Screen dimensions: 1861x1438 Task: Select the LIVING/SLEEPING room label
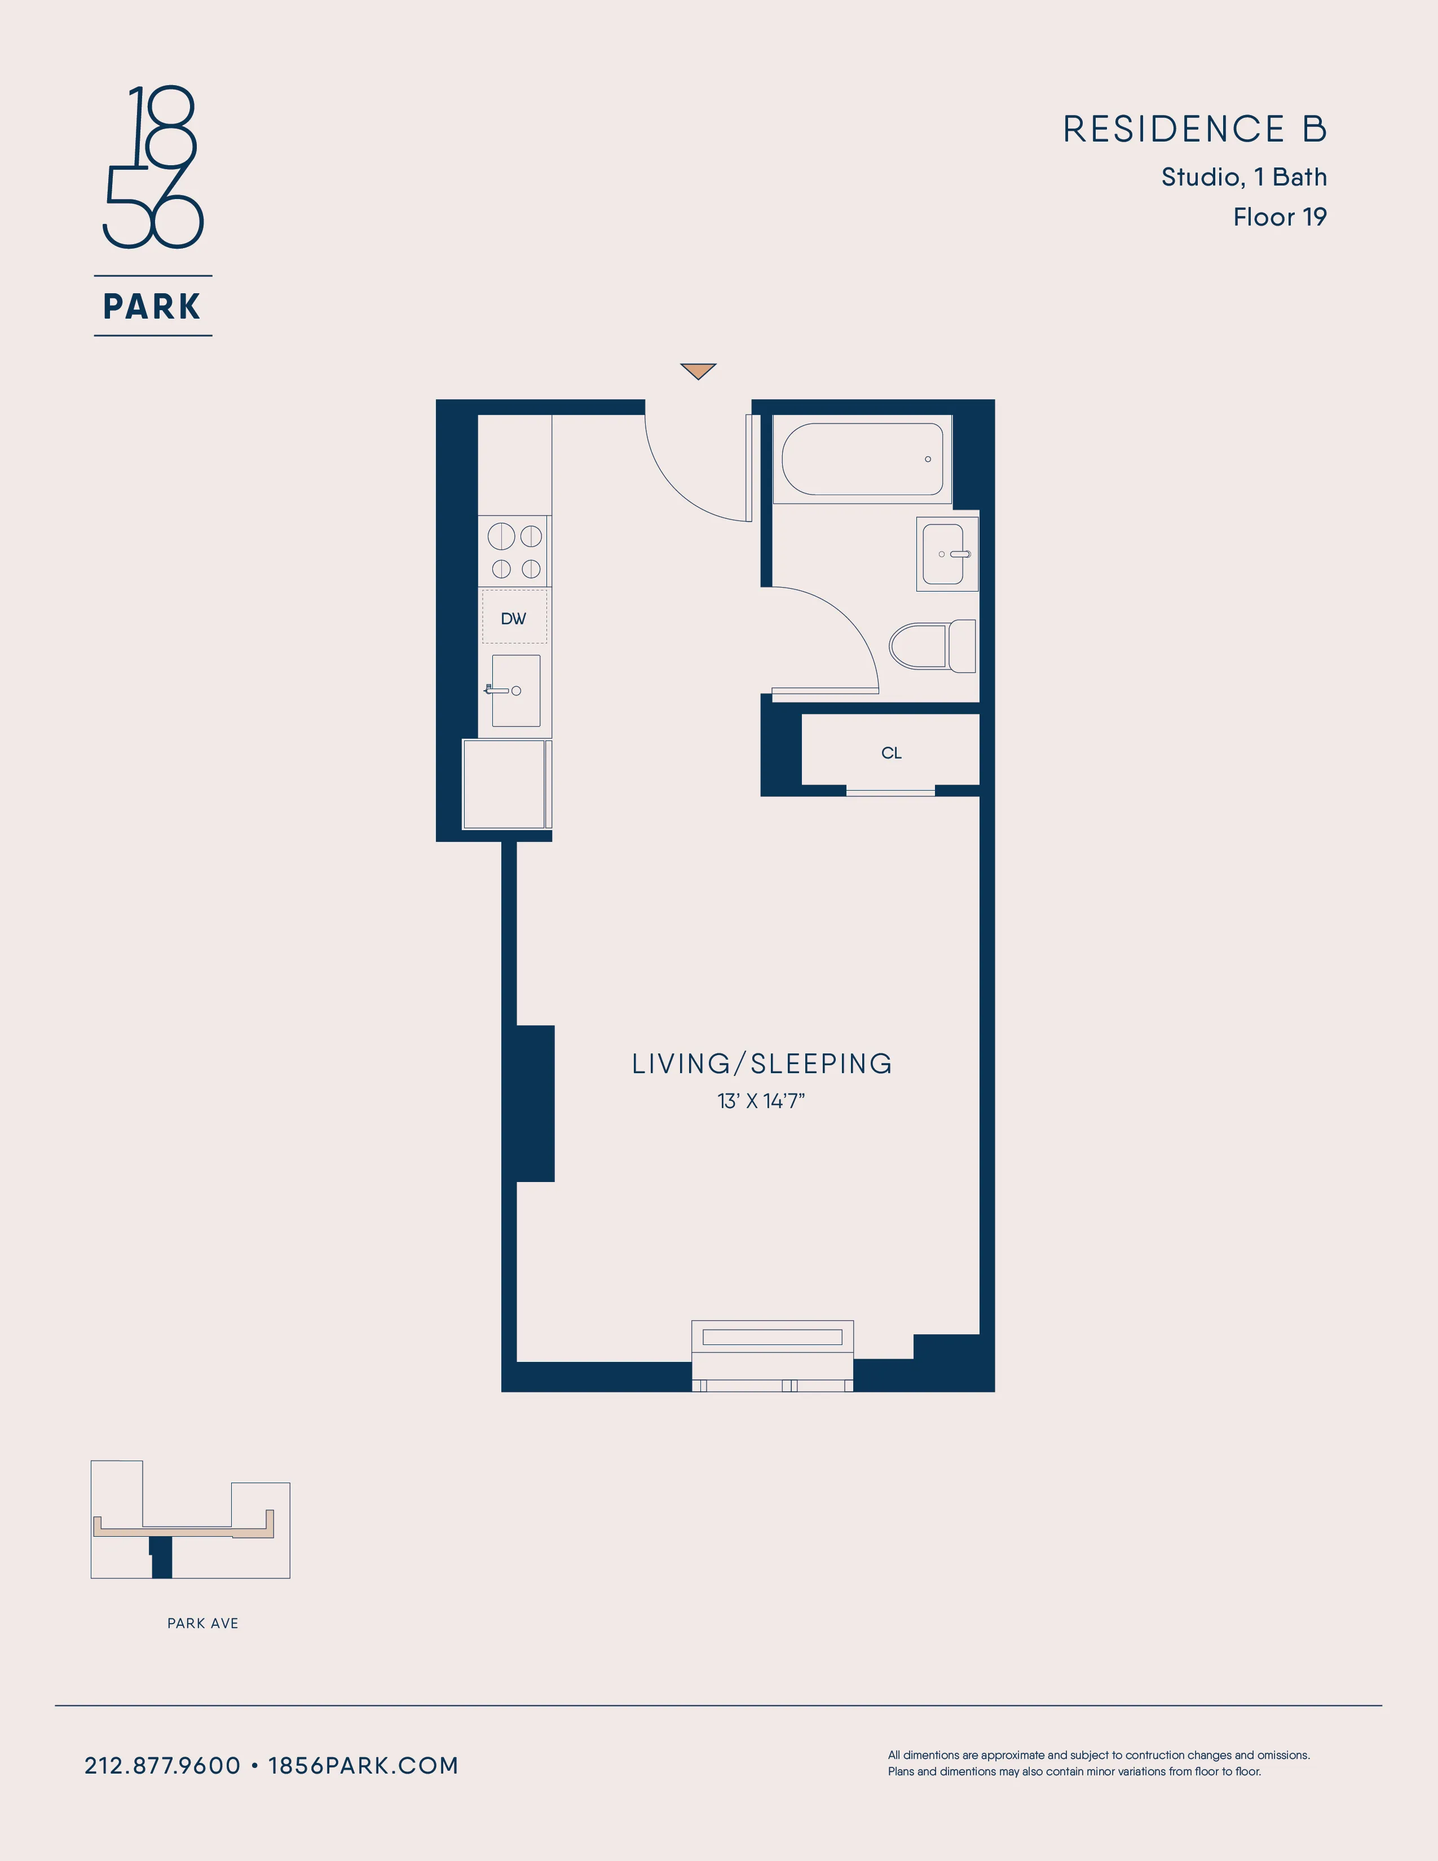[x=762, y=1064]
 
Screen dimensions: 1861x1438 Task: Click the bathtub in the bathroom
[x=862, y=459]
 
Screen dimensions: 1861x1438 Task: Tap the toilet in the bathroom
[x=931, y=646]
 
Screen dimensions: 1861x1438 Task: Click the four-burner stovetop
[x=514, y=552]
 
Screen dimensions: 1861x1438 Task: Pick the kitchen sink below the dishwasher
[x=515, y=691]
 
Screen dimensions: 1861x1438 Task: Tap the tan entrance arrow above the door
[x=698, y=371]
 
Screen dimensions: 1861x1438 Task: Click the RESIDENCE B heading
[x=1194, y=130]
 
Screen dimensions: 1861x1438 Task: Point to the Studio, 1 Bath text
[x=1244, y=177]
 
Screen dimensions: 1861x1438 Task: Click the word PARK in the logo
[x=152, y=307]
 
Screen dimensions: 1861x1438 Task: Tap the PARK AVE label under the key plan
[x=203, y=1623]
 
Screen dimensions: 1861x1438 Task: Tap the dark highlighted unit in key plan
[x=161, y=1559]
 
